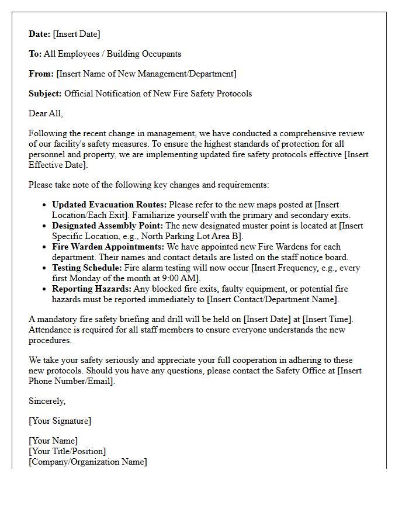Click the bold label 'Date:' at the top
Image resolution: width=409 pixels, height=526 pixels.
pyautogui.click(x=40, y=34)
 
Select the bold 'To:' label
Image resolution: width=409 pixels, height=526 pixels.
pyautogui.click(x=35, y=54)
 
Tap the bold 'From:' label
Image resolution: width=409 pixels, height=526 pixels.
pyautogui.click(x=41, y=74)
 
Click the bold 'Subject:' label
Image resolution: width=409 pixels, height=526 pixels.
pyautogui.click(x=46, y=94)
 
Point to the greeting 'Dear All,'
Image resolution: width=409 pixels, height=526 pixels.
pyautogui.click(x=46, y=113)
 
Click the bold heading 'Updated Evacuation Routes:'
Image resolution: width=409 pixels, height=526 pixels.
pyautogui.click(x=109, y=205)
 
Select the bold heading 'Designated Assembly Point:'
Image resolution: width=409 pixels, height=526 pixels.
pyautogui.click(x=108, y=226)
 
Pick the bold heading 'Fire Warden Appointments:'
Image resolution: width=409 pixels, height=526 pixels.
pyautogui.click(x=108, y=247)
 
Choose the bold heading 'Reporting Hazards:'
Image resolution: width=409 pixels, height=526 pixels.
pyautogui.click(x=92, y=289)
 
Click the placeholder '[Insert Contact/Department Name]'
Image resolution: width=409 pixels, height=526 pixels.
pyautogui.click(x=272, y=299)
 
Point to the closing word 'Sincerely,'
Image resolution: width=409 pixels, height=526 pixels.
pyautogui.click(x=47, y=401)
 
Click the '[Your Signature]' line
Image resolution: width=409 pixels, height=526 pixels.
pyautogui.click(x=60, y=421)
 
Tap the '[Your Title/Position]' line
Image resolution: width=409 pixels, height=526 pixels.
pyautogui.click(x=67, y=451)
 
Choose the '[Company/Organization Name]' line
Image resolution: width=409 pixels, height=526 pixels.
pyautogui.click(x=88, y=462)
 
